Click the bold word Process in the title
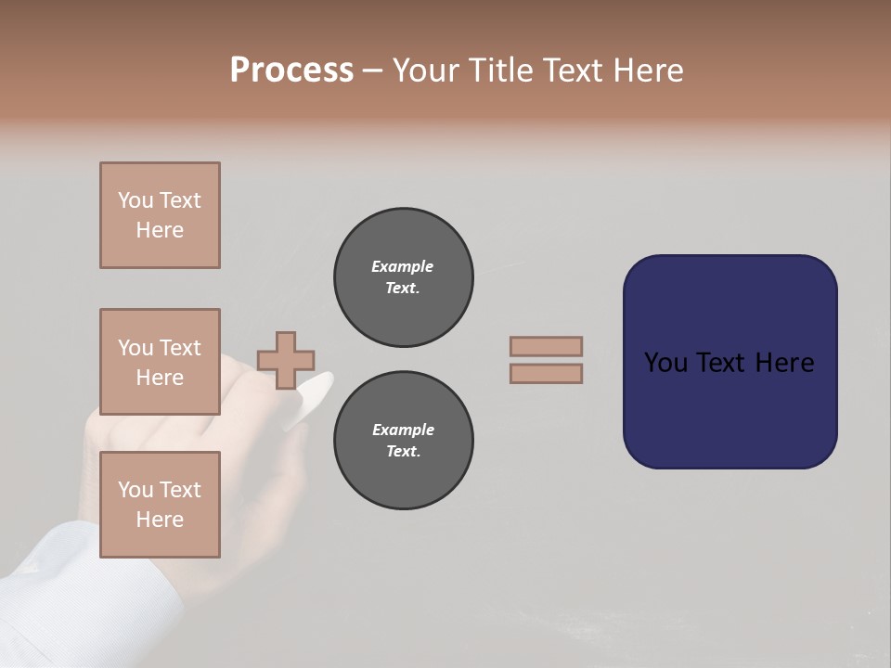(x=291, y=71)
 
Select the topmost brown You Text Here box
(x=160, y=215)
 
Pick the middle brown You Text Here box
(x=160, y=362)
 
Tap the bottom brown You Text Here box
(x=160, y=504)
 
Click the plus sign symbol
(x=286, y=360)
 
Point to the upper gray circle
(x=403, y=277)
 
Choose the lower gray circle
(x=403, y=441)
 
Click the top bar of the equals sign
(x=546, y=346)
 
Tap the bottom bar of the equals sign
(x=546, y=373)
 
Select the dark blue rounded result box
(x=730, y=362)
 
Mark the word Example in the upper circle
(x=403, y=266)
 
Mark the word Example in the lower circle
(x=403, y=430)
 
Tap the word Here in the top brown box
(x=160, y=230)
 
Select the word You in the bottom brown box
(x=136, y=489)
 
